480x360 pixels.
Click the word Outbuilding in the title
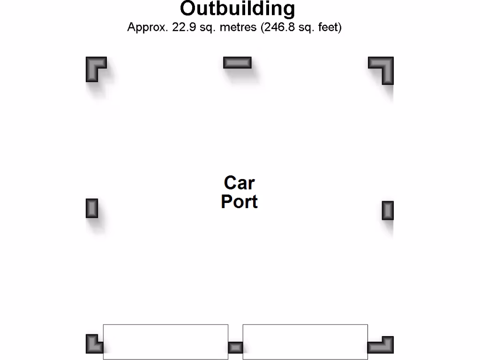tap(237, 9)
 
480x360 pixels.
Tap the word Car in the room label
tap(239, 183)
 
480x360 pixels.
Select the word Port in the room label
tap(239, 202)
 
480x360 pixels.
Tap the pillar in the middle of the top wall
tap(237, 62)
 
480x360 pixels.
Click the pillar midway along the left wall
tap(92, 208)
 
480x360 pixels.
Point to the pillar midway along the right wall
tap(388, 210)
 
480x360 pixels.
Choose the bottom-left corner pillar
tap(93, 345)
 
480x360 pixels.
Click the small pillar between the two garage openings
tap(235, 348)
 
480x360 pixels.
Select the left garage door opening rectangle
tap(165, 342)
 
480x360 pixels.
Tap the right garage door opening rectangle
tap(305, 342)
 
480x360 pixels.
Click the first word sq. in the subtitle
tap(204, 27)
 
